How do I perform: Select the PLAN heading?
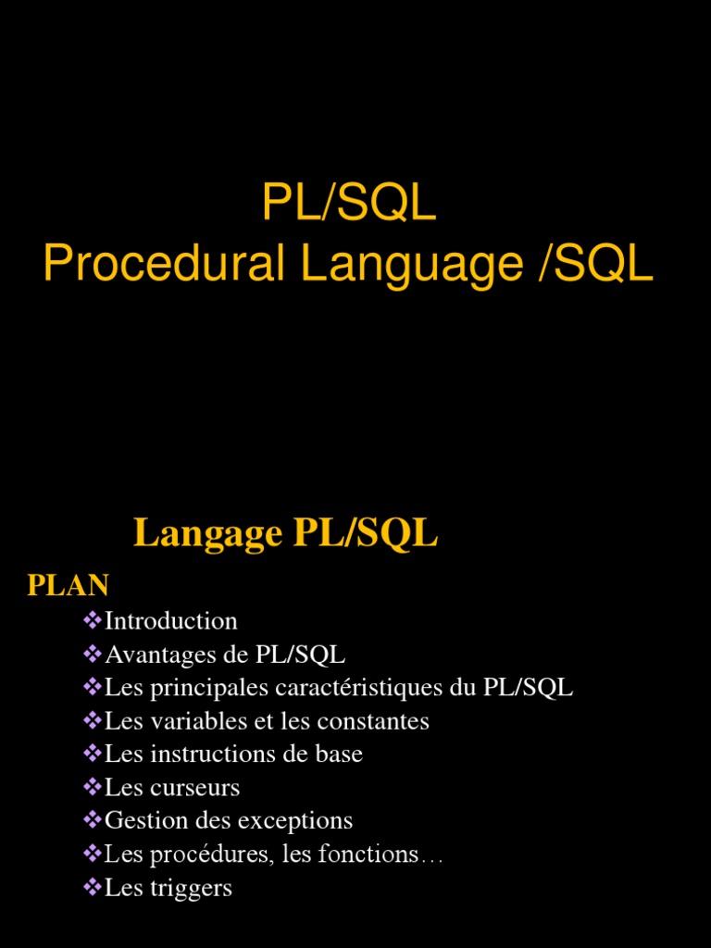[69, 585]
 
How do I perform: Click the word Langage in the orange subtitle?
[207, 533]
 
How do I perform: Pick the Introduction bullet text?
[171, 620]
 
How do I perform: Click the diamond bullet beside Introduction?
[92, 619]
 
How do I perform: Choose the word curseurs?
[195, 788]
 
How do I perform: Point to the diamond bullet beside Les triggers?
[92, 887]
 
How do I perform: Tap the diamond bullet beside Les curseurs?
[92, 787]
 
